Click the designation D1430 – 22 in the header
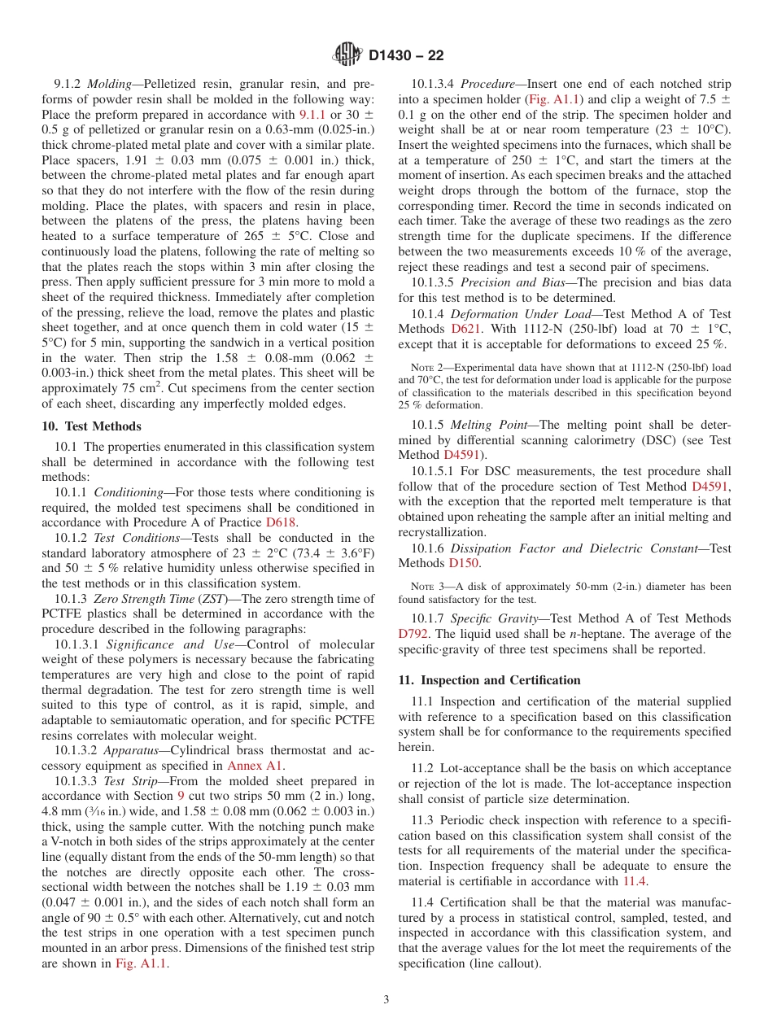(406, 56)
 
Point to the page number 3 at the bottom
(386, 999)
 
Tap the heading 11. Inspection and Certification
(489, 680)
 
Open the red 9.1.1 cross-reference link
(312, 115)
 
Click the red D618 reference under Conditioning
(281, 522)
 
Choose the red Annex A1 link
(255, 766)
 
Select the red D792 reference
(413, 634)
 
